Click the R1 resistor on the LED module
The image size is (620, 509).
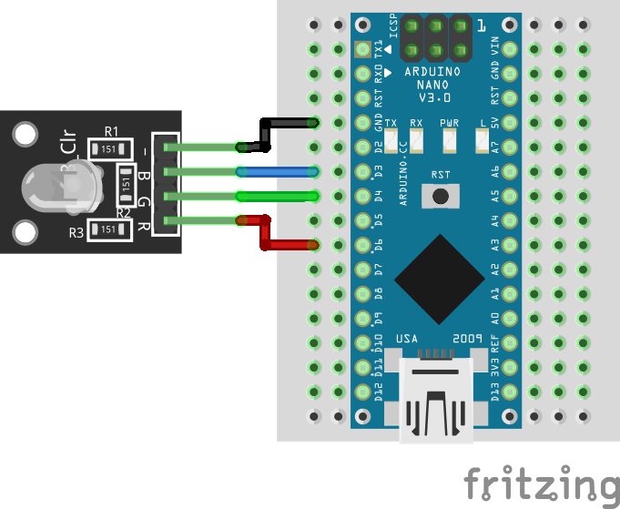tap(109, 148)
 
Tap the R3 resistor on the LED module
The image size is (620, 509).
tap(109, 230)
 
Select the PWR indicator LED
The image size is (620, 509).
tap(448, 140)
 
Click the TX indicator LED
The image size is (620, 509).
tap(391, 140)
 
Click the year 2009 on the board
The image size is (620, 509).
tap(466, 337)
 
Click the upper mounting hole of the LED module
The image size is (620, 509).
tap(26, 135)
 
